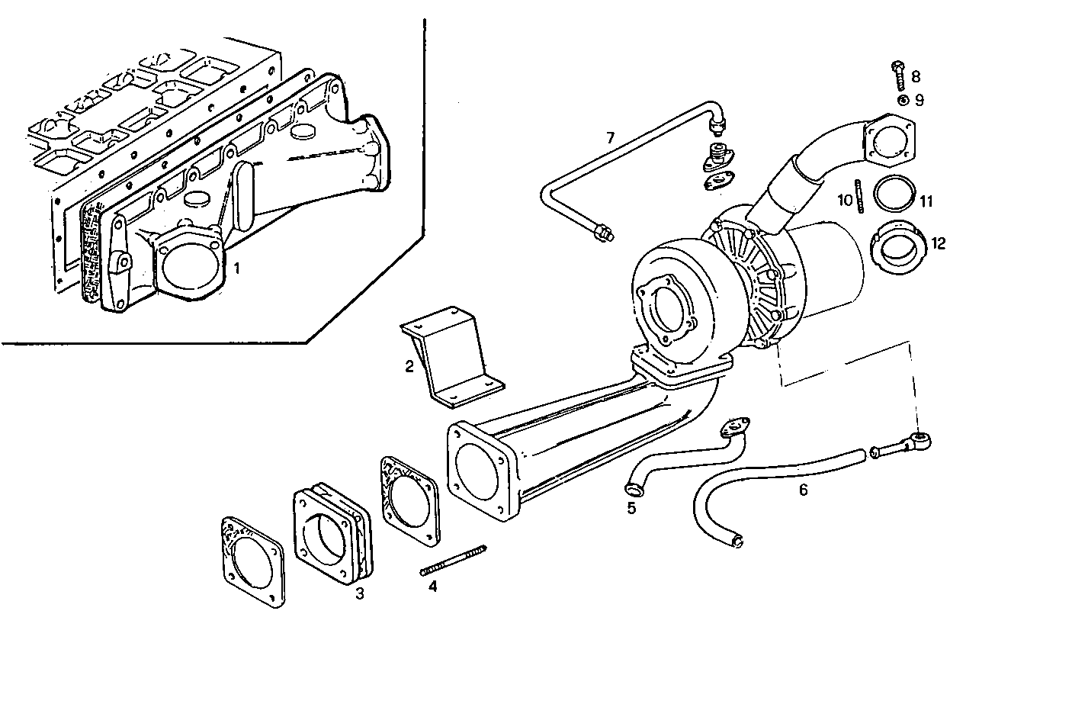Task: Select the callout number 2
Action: point(409,367)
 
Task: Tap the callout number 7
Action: point(610,138)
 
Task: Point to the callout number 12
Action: point(938,243)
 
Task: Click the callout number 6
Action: point(803,490)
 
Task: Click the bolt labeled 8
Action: point(897,75)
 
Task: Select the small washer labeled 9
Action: point(902,100)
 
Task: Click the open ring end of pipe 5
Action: point(632,487)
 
